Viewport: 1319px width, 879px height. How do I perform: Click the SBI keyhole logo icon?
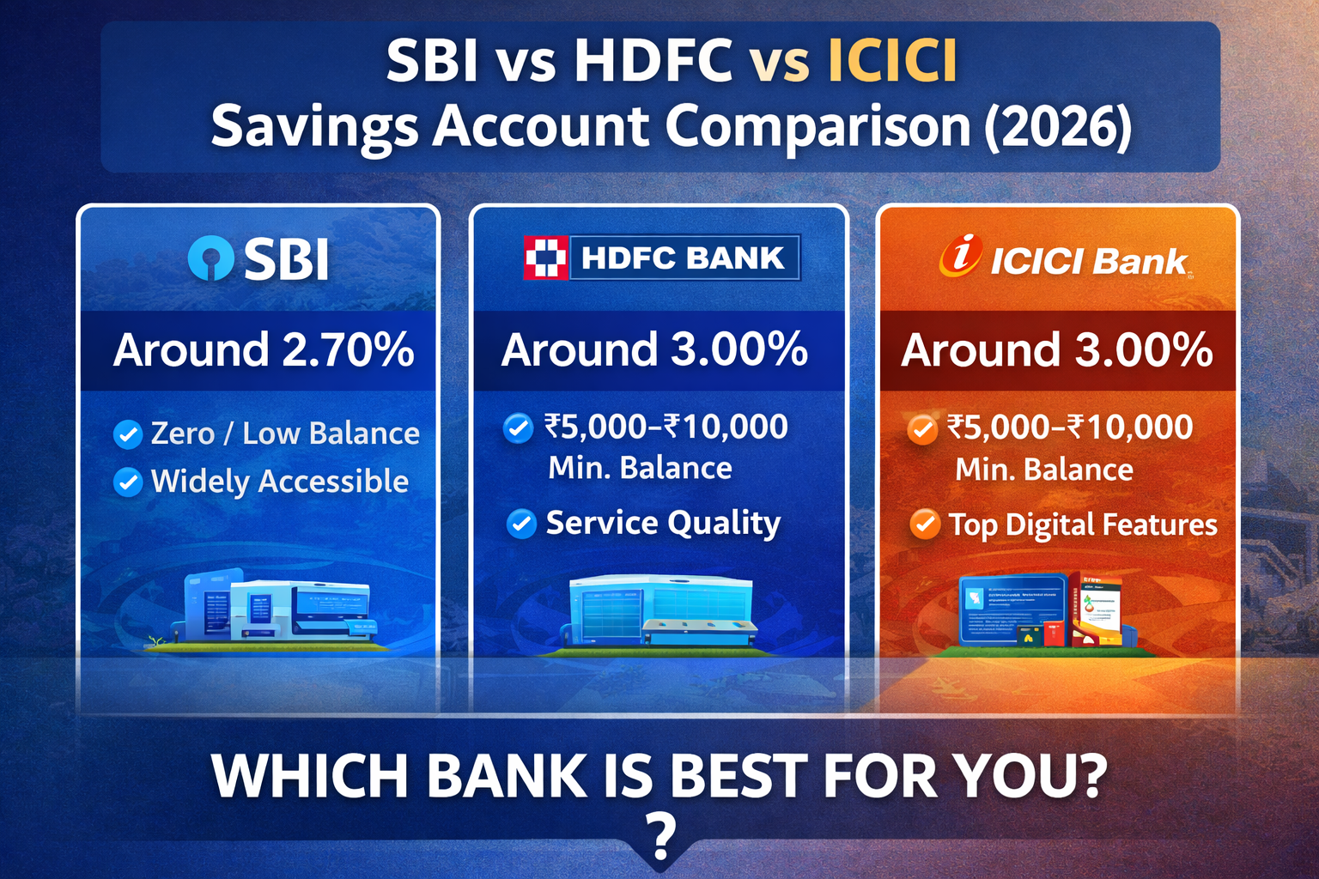(x=210, y=258)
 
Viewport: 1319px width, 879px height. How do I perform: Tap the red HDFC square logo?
(x=545, y=258)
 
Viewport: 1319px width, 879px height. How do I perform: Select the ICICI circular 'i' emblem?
(x=960, y=255)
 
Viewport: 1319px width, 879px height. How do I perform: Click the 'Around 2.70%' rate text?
(x=264, y=350)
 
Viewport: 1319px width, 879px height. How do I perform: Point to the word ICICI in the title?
(x=892, y=62)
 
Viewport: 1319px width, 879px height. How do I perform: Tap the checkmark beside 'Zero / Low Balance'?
(x=128, y=434)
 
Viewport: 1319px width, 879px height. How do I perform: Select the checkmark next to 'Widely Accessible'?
(x=128, y=482)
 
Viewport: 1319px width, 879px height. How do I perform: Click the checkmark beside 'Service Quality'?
(x=521, y=523)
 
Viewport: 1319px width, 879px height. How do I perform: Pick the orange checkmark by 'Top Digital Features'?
(x=925, y=524)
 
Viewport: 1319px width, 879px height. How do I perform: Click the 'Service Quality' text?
(x=663, y=523)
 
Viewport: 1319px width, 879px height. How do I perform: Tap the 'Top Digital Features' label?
(x=1082, y=524)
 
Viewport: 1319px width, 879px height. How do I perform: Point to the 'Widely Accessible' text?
(x=279, y=482)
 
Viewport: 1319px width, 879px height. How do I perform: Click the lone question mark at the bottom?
(x=659, y=837)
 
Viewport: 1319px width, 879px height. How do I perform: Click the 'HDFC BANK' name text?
(x=683, y=258)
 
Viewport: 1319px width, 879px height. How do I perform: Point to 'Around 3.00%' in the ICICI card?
(x=1056, y=350)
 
